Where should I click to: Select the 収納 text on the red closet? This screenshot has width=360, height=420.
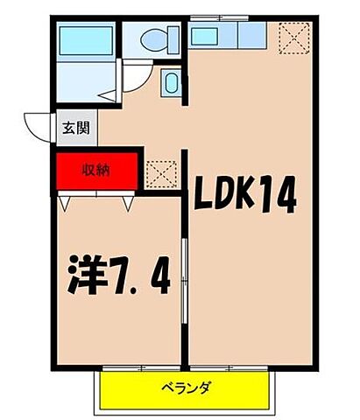[x=96, y=171]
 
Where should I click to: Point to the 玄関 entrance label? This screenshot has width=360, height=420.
[x=74, y=128]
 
